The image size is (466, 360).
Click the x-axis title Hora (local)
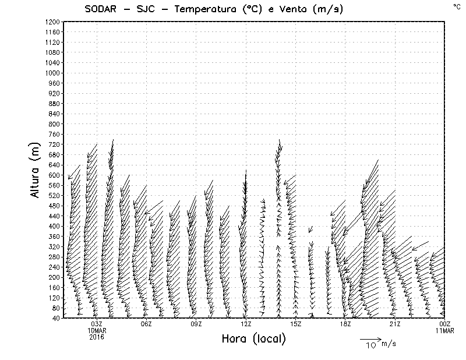254,338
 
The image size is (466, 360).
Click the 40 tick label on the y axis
55,317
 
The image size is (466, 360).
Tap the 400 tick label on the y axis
54,226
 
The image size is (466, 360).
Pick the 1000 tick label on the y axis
52,73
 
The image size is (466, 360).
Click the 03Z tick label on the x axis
97,324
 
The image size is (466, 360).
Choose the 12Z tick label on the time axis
246,324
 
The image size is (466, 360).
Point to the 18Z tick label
345,324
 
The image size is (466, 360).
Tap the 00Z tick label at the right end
444,324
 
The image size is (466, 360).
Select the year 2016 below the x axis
97,337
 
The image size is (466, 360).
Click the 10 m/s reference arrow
370,338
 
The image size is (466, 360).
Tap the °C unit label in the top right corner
457,6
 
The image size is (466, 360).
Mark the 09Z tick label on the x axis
196,324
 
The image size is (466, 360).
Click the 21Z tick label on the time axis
395,324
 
